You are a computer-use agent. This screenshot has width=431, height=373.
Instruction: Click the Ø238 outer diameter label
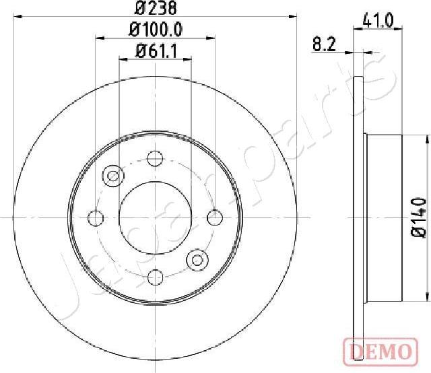click(x=156, y=9)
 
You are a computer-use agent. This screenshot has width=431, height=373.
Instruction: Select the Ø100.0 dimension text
click(x=156, y=30)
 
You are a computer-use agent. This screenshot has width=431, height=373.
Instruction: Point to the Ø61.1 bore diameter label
click(x=156, y=50)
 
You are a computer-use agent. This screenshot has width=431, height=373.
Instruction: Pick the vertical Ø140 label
click(x=418, y=217)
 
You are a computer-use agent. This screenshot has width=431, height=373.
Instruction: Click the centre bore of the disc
click(x=156, y=217)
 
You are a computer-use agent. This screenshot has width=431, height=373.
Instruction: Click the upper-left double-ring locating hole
click(x=113, y=176)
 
